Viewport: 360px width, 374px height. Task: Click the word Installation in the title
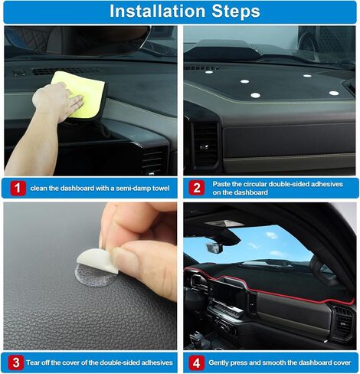click(158, 11)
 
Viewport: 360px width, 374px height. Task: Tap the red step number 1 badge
click(18, 189)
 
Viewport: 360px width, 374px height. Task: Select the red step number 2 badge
click(197, 188)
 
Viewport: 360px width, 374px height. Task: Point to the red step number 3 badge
click(16, 363)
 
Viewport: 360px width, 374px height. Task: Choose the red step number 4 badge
click(197, 363)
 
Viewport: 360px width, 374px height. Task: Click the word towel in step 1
click(160, 189)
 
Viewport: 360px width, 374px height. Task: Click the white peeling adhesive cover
click(98, 261)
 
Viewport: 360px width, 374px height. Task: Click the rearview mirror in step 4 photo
click(214, 248)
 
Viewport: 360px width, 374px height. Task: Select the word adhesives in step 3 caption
click(157, 363)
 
